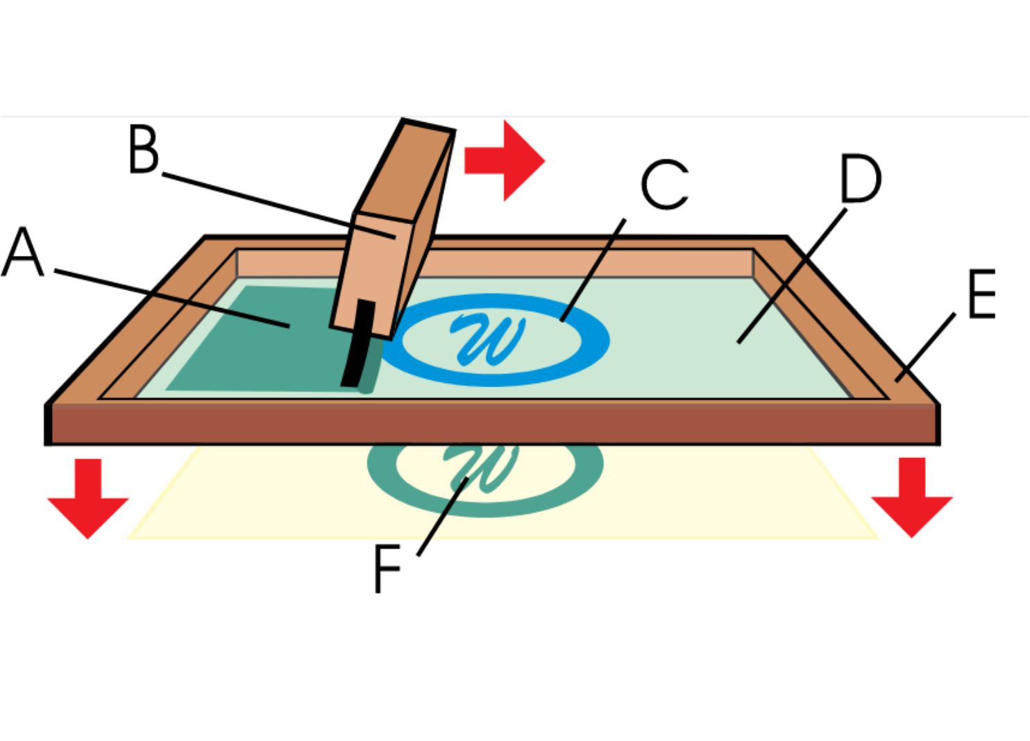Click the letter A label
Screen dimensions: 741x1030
pyautogui.click(x=24, y=253)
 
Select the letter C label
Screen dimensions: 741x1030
pyautogui.click(x=664, y=185)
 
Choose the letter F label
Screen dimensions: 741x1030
pyautogui.click(x=387, y=568)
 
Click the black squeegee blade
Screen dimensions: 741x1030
pyautogui.click(x=358, y=344)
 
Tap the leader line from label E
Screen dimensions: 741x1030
pyautogui.click(x=925, y=347)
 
